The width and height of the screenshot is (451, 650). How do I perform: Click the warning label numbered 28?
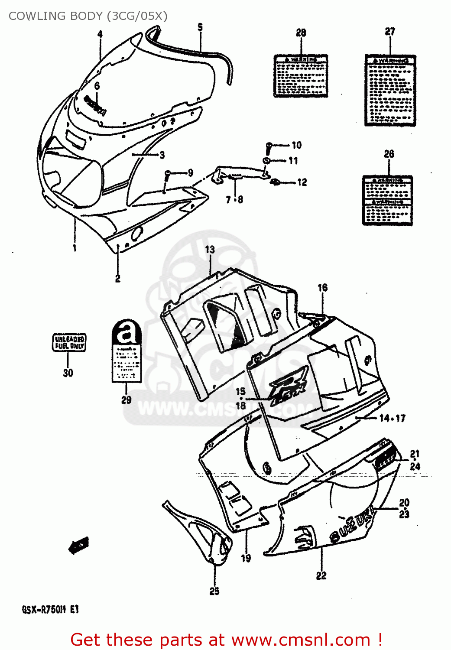coord(301,76)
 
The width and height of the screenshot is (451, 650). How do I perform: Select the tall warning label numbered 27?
coord(390,91)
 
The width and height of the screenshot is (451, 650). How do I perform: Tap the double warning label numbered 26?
coord(387,201)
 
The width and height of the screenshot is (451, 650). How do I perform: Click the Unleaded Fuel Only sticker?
coord(69,342)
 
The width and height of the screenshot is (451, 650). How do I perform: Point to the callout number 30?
coord(68,373)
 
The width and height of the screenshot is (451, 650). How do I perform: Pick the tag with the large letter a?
coord(127,351)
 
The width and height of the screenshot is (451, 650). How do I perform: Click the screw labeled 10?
coord(269,147)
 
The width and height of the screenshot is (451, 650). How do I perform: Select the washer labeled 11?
coord(267,161)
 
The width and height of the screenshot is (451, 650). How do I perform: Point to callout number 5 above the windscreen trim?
coord(200,27)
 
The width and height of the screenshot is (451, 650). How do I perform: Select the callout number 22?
coord(321,575)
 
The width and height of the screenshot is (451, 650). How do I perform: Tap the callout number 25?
coord(214,591)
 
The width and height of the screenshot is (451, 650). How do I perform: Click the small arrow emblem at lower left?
coord(78,545)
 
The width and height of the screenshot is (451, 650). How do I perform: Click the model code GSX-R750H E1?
coord(51,609)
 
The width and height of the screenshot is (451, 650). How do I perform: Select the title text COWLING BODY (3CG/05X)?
coord(88,16)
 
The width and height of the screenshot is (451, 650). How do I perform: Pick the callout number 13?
coord(210,250)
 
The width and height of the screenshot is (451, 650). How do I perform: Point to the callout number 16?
coord(322,288)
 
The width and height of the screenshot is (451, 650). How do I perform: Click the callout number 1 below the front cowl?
coord(75,248)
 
